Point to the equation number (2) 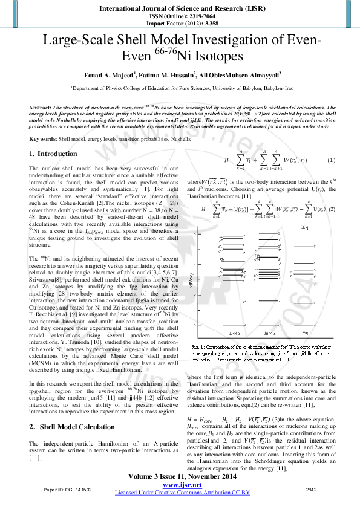(x=331, y=209)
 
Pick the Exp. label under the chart (x=306, y=333)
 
